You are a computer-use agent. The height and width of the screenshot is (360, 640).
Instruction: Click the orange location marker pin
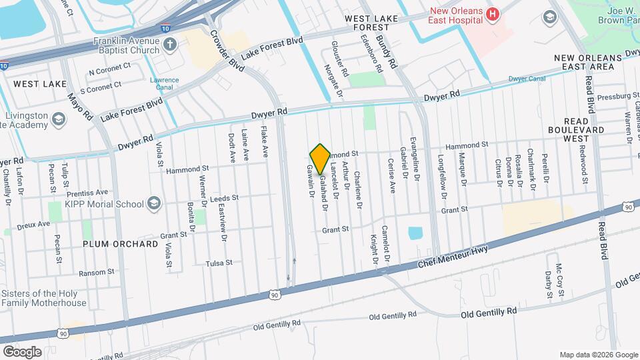[321, 159]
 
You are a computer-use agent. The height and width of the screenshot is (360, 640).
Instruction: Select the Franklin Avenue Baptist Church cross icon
[169, 45]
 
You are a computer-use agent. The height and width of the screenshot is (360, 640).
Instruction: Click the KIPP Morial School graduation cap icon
[155, 203]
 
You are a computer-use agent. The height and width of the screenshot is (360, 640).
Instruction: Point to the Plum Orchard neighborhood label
[120, 244]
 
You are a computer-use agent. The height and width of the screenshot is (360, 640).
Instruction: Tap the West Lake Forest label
[366, 22]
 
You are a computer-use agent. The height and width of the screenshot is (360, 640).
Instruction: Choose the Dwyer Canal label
[527, 79]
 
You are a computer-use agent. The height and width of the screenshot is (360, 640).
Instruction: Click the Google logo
[22, 352]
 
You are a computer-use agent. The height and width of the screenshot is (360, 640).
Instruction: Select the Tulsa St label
[219, 263]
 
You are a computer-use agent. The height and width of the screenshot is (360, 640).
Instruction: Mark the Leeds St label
[223, 199]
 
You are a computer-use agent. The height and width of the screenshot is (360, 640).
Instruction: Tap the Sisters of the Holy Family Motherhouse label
[44, 298]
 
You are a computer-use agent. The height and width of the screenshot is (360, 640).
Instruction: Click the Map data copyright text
[597, 355]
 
